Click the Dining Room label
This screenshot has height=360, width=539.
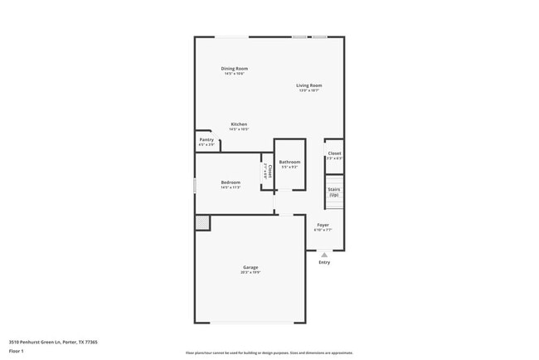click(x=234, y=69)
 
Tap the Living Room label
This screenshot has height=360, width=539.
click(x=309, y=85)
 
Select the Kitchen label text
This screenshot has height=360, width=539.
click(x=239, y=124)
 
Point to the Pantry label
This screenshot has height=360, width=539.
click(x=206, y=139)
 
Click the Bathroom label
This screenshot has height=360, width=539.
click(x=289, y=162)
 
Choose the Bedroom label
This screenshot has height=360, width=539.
click(x=231, y=182)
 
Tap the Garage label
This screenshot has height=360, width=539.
click(x=250, y=267)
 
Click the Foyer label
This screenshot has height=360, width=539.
click(x=323, y=225)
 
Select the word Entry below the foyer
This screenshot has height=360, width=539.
click(x=323, y=262)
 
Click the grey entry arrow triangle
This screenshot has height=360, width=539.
click(x=323, y=255)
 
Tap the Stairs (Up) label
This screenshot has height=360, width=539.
click(x=333, y=192)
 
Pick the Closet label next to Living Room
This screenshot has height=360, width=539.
click(x=334, y=153)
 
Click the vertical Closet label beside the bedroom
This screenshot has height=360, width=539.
click(x=269, y=172)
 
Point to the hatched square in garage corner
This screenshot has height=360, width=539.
click(x=202, y=222)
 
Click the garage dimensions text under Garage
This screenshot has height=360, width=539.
click(x=250, y=273)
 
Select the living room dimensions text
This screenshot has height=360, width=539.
click(x=309, y=90)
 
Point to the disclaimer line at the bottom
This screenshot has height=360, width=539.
click(x=269, y=353)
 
